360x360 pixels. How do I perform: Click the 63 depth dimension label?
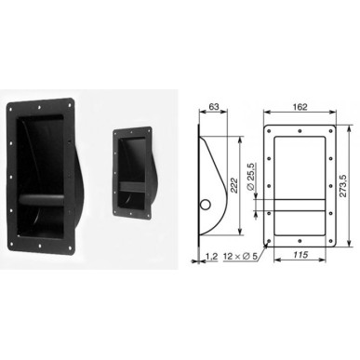point(214,107)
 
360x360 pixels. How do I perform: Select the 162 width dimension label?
point(300,107)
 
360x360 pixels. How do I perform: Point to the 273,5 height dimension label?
point(342,185)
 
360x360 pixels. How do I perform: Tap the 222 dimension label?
point(234,185)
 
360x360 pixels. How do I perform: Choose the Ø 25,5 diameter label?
point(250,177)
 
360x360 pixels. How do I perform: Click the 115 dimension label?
point(300,255)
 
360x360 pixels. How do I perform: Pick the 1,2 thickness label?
point(212,256)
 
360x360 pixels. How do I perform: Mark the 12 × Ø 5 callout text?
point(240,256)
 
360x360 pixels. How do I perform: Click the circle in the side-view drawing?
point(206,205)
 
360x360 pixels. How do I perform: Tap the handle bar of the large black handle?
point(41,199)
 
